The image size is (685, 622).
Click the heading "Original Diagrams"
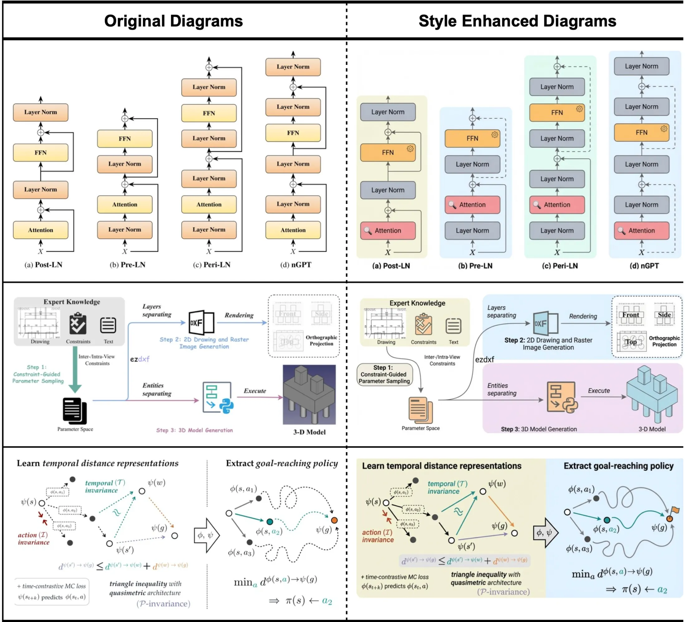coord(173,21)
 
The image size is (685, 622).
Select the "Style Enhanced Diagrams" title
coord(517,21)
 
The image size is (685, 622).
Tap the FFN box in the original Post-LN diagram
coord(41,153)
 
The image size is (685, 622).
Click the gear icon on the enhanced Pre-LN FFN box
coord(495,135)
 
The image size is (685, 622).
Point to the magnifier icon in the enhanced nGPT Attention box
coord(621,230)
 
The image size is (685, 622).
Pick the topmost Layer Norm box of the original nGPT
coord(293,67)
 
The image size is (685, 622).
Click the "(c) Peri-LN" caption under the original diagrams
coord(212,264)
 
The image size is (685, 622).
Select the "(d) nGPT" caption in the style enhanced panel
coord(644,266)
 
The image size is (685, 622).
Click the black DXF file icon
coord(201,322)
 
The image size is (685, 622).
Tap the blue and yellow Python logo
coord(226,405)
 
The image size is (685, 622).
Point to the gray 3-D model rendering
coord(309,394)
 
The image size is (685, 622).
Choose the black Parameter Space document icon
coord(75,411)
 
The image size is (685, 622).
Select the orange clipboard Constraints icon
coord(423,325)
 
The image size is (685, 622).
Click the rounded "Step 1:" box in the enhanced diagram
coord(384,374)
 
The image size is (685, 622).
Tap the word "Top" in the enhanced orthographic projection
coord(631,342)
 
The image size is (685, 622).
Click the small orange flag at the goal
coord(675,510)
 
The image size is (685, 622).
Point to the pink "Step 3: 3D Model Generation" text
coord(194,430)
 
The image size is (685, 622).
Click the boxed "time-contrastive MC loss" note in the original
coord(52,591)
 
